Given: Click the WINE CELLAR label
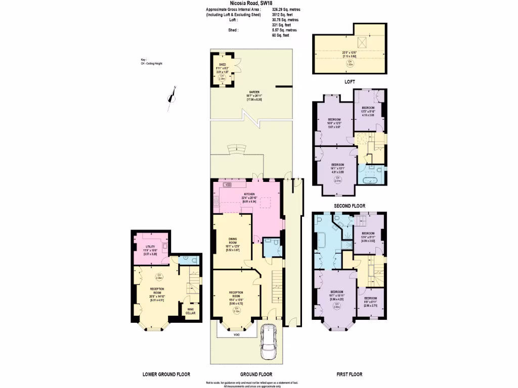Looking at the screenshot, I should [190, 311].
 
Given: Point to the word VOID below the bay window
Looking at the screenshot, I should [236, 334].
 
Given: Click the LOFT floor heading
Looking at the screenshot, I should [349, 81].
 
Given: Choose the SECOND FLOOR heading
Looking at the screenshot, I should [349, 206].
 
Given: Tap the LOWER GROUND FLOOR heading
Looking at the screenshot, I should [166, 374].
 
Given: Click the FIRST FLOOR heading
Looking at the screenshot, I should [349, 374].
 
